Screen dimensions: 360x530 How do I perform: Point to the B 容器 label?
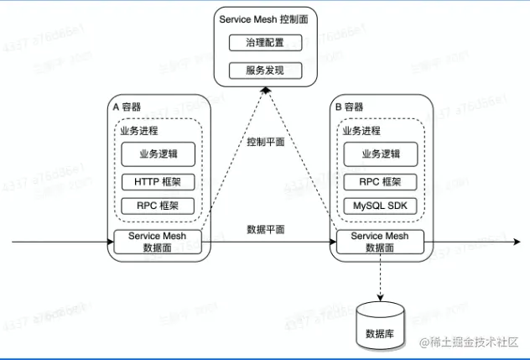point(350,107)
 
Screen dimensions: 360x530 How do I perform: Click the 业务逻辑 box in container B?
point(382,154)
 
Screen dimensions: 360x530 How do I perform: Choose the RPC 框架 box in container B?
point(382,181)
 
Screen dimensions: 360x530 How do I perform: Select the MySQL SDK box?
point(382,206)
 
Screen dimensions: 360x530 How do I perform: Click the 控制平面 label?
point(266,143)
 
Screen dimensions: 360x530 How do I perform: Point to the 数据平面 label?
point(266,229)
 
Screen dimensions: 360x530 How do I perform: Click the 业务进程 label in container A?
point(139,131)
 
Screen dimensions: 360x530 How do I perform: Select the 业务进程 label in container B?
point(362,131)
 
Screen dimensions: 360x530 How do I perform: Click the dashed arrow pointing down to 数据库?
point(381,277)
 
